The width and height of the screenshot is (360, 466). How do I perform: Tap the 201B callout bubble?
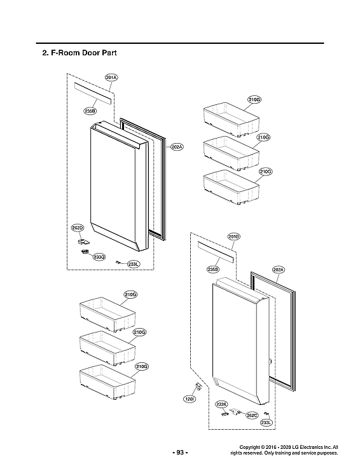click(233, 236)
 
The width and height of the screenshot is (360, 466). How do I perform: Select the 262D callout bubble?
click(78, 227)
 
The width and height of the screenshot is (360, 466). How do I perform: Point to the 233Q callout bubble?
click(99, 257)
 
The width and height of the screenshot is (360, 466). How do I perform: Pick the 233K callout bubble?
click(221, 404)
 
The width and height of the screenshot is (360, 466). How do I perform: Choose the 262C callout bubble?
click(252, 415)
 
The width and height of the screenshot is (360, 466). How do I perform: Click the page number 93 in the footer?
click(180, 452)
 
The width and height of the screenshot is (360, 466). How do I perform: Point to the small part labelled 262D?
click(82, 241)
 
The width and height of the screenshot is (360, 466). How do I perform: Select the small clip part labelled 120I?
click(198, 386)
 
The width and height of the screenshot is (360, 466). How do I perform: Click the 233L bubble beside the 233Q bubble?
click(133, 264)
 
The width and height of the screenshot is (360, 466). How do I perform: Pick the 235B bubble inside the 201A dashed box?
click(90, 111)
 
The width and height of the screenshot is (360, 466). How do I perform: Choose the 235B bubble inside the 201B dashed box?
click(213, 270)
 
